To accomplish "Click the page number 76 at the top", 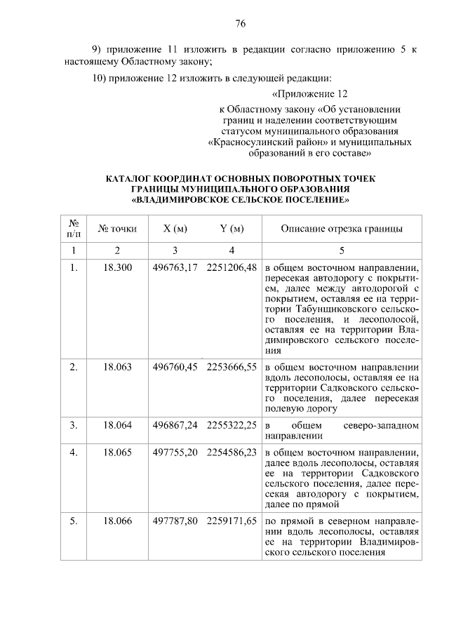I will pos(239,23).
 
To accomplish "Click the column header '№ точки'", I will pos(118,229).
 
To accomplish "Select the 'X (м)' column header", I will pos(175,229).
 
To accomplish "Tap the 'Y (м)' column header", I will pos(232,229).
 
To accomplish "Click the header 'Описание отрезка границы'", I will pos(341,229).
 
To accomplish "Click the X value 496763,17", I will pos(175,267).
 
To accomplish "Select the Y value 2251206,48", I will pos(232,267).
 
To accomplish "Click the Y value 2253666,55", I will pos(232,366).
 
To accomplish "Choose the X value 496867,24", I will pos(175,425).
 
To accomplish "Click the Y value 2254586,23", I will pos(232,453).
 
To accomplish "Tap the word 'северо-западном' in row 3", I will pos(382,425).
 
